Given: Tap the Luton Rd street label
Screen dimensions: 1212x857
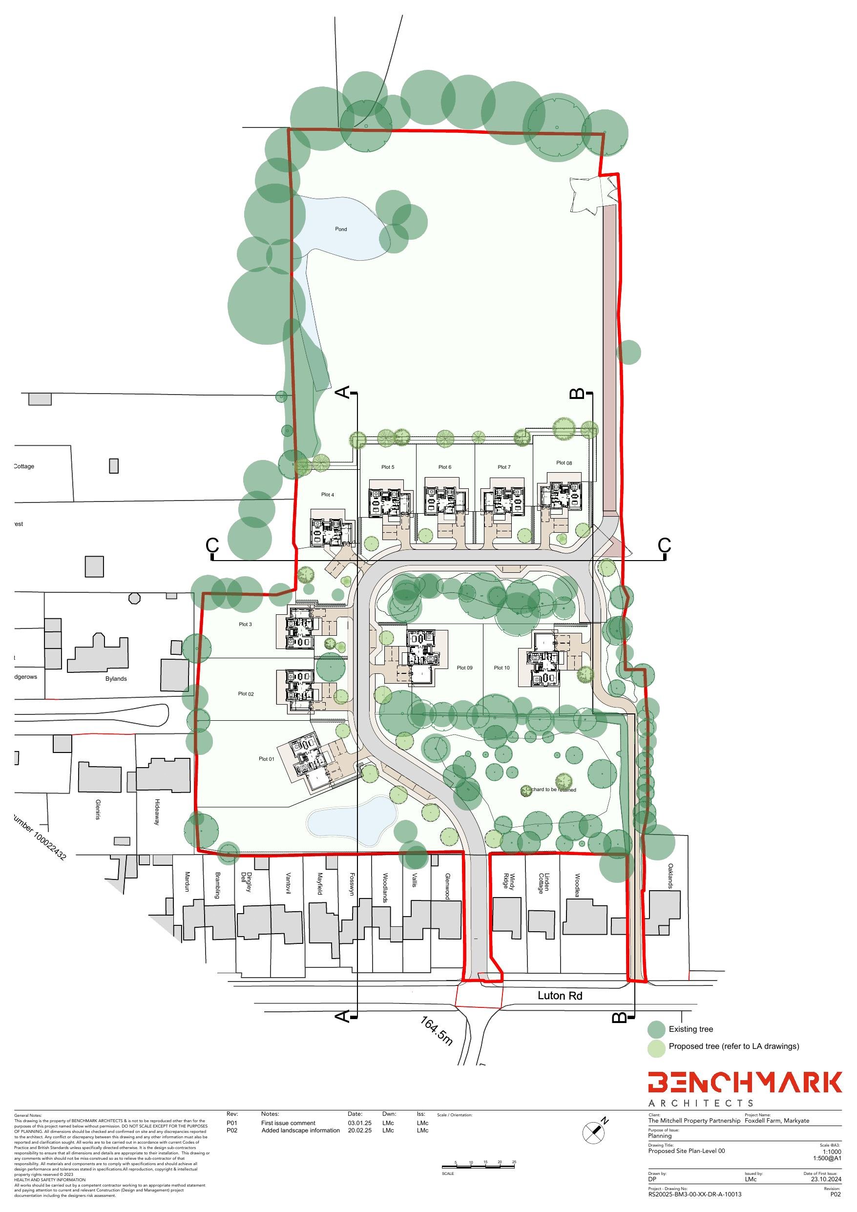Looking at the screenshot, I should [560, 996].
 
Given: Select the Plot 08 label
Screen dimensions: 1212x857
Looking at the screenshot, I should [564, 463].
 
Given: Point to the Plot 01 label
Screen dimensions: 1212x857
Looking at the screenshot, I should [266, 759].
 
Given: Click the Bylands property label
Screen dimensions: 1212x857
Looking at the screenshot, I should [116, 679].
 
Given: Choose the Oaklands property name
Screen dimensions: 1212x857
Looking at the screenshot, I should [670, 876].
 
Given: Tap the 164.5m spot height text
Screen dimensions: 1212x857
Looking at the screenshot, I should [437, 1031].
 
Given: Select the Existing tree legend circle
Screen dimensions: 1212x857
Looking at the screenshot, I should [656, 1029].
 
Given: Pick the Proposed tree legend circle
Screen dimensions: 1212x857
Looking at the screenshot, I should [656, 1046].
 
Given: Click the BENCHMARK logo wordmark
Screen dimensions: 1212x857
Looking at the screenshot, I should [745, 1082].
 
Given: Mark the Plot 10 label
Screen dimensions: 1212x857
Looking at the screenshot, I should [502, 668].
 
